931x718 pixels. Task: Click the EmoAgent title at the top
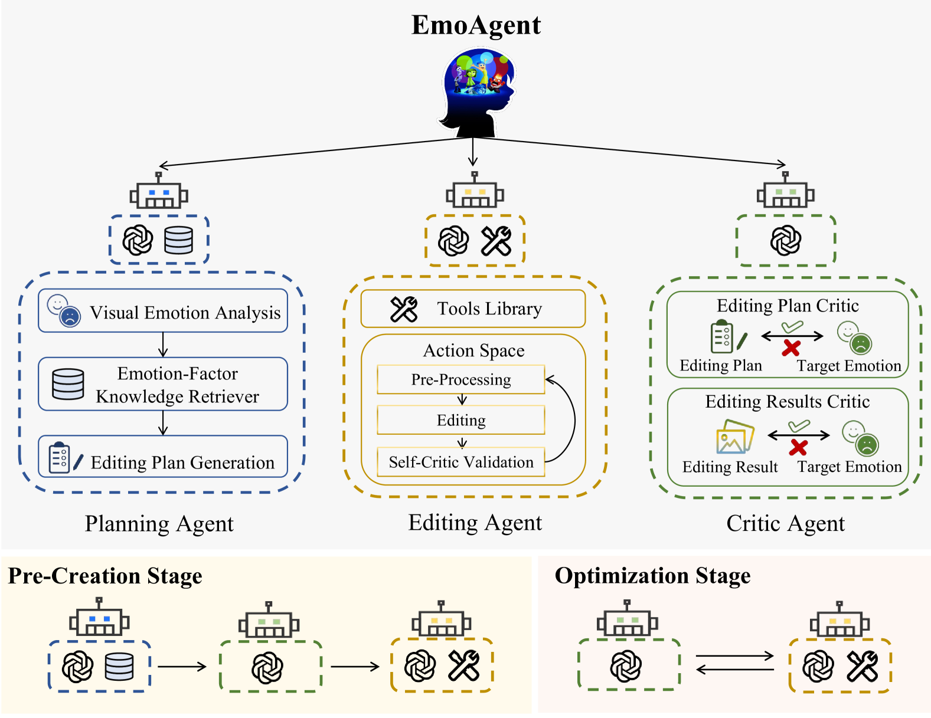(476, 25)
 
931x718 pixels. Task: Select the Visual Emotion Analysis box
(163, 311)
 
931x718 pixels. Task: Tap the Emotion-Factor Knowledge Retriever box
(163, 385)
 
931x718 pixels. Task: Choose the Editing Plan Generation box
(163, 458)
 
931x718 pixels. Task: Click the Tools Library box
(473, 309)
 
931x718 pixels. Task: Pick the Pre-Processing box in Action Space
(461, 379)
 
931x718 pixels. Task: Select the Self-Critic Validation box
(461, 462)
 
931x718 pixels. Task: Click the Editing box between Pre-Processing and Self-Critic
(461, 420)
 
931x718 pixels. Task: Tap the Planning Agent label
(159, 524)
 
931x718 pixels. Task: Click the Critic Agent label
(785, 523)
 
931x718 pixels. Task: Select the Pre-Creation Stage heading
(105, 576)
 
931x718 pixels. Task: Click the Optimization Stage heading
(652, 576)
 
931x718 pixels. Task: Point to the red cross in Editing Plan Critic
(791, 348)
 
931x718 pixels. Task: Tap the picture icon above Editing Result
(734, 437)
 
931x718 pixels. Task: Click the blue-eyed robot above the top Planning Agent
(159, 192)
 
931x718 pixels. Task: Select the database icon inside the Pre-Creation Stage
(119, 667)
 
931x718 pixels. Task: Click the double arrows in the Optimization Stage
(734, 663)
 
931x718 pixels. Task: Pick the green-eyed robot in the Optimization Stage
(627, 619)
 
